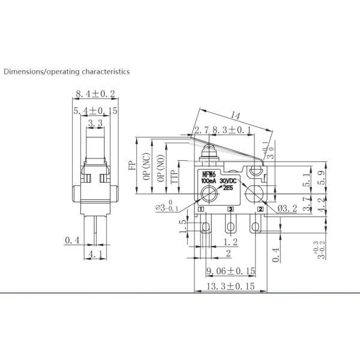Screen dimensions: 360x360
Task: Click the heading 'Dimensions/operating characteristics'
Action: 67,71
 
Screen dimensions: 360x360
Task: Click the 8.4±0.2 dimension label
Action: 95,94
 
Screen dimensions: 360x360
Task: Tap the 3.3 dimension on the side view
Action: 94,124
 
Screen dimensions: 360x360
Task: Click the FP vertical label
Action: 131,166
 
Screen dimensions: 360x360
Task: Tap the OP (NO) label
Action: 160,169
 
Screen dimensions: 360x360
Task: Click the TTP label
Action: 174,175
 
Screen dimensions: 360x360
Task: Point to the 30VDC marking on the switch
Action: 229,181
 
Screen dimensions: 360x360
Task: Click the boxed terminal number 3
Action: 231,209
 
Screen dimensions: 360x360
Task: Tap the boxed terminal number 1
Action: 202,209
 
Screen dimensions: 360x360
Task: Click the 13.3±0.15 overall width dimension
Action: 230,286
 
